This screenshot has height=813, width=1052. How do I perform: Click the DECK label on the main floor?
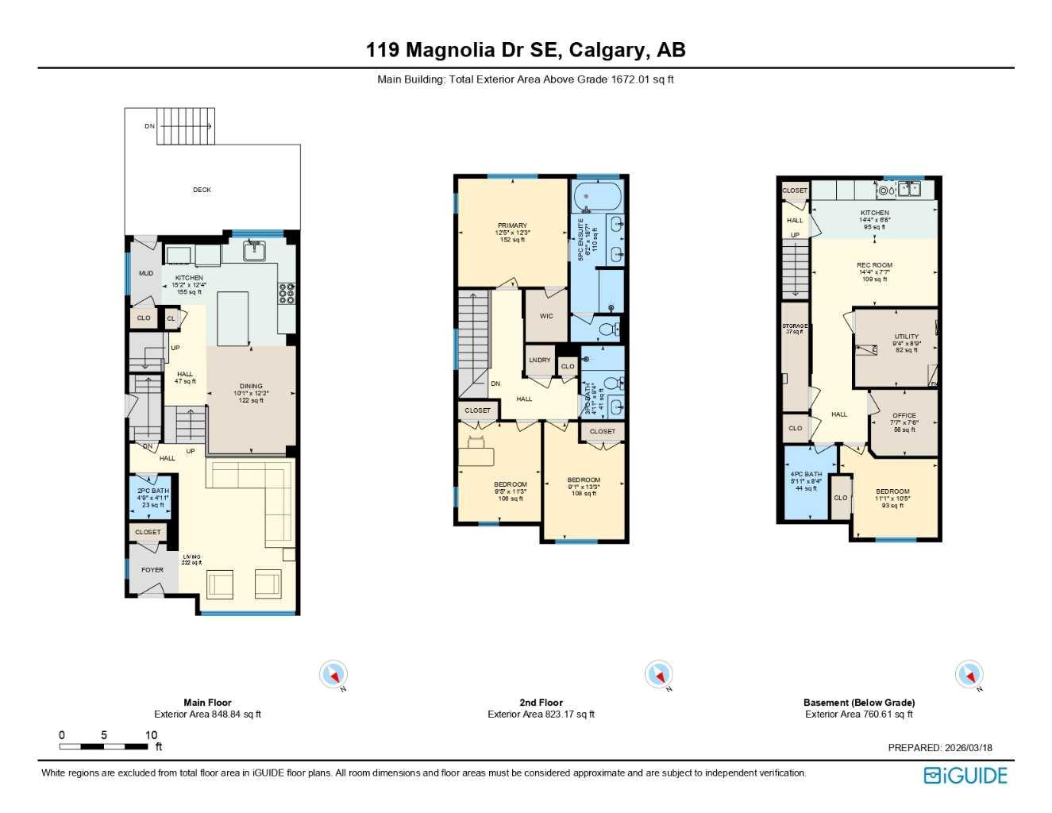coord(202,190)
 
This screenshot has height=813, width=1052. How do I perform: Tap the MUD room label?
coord(146,273)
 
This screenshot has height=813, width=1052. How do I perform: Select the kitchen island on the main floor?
coord(233,318)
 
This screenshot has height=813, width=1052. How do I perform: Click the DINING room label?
coord(251,387)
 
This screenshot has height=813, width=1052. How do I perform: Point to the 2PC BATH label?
coord(152,491)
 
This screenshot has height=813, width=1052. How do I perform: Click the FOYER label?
coord(152,569)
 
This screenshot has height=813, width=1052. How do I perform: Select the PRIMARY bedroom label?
coord(512,225)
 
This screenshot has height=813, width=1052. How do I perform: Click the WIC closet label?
coord(546,316)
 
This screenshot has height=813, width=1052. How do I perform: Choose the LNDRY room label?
coord(540,360)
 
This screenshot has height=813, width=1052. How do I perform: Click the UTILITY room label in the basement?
coord(906,337)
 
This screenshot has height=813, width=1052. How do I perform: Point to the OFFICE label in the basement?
coord(904,415)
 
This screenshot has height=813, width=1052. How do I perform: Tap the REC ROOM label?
coord(874,265)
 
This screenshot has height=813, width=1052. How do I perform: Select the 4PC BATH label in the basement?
coord(806,474)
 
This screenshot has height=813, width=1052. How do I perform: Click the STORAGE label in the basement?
coord(795,326)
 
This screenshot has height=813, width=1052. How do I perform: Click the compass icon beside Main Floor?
coord(333,675)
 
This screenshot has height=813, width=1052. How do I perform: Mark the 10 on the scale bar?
coord(151,735)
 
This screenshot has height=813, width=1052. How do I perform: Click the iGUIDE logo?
coord(965,776)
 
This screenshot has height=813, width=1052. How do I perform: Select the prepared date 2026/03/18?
coord(968,747)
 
